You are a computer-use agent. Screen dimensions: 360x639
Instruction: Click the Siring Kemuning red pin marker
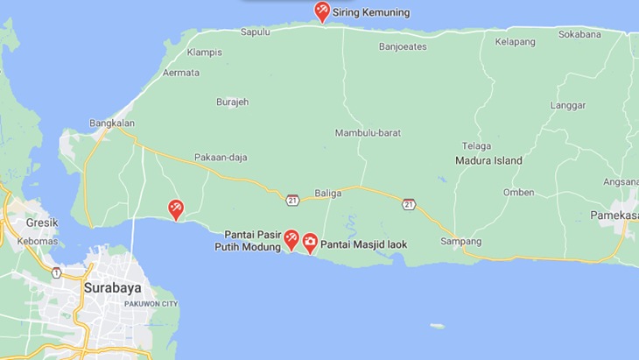pos(321,11)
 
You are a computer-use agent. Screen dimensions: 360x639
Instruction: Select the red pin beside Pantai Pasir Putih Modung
pos(292,239)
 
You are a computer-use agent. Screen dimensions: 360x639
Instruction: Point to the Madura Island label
pos(488,160)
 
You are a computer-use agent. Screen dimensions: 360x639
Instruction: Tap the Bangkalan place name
pos(109,124)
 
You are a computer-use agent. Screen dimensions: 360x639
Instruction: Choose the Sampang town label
pos(460,241)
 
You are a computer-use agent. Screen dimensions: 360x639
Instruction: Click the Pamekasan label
pos(614,215)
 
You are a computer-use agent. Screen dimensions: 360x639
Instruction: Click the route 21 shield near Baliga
pos(292,200)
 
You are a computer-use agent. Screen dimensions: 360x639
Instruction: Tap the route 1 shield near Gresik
pos(56,273)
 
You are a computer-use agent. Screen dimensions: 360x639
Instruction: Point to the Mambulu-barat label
pos(368,133)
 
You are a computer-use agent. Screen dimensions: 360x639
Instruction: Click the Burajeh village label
pos(232,102)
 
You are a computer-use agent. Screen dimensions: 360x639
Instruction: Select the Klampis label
pos(204,52)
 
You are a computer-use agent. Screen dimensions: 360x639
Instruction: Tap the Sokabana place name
pos(580,35)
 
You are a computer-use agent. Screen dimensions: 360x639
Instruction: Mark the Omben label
pos(518,193)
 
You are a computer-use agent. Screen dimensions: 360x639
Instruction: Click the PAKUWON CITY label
pos(151,303)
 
